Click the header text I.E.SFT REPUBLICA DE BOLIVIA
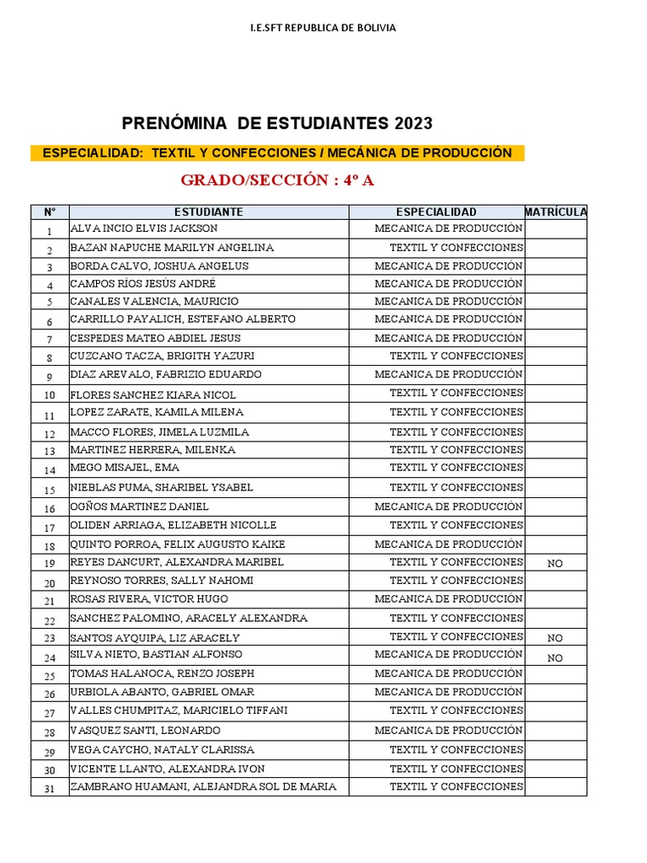pyautogui.click(x=323, y=28)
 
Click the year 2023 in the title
pyautogui.click(x=412, y=124)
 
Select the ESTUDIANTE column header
pyautogui.click(x=209, y=212)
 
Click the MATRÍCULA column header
pyautogui.click(x=555, y=212)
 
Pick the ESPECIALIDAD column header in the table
pyautogui.click(x=436, y=212)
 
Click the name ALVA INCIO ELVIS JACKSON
pyautogui.click(x=144, y=228)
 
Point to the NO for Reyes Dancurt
pyautogui.click(x=554, y=564)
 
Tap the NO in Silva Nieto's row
pyautogui.click(x=554, y=658)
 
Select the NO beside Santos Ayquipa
pyautogui.click(x=554, y=639)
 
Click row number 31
pyautogui.click(x=50, y=789)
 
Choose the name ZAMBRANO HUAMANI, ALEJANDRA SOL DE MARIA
pyautogui.click(x=203, y=787)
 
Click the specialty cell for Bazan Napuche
pyautogui.click(x=456, y=248)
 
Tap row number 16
pyautogui.click(x=50, y=509)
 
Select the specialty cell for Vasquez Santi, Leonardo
pyautogui.click(x=448, y=731)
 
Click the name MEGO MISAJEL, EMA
pyautogui.click(x=125, y=468)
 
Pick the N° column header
pyautogui.click(x=50, y=212)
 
